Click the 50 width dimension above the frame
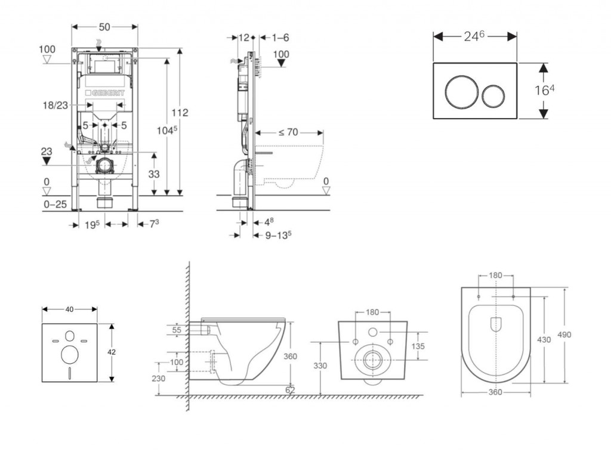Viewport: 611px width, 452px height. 104,27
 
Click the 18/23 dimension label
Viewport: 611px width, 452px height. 55,104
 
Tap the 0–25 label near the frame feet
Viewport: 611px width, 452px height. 55,205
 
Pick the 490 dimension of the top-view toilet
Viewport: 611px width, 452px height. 564,335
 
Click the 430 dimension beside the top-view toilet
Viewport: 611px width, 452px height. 544,339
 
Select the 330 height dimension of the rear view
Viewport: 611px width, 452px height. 321,366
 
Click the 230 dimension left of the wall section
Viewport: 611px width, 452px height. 158,378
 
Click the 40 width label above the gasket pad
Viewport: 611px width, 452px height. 69,309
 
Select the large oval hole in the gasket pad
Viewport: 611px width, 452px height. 70,354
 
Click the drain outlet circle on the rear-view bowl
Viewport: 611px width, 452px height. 372,360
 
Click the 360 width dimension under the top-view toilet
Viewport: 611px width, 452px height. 495,392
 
